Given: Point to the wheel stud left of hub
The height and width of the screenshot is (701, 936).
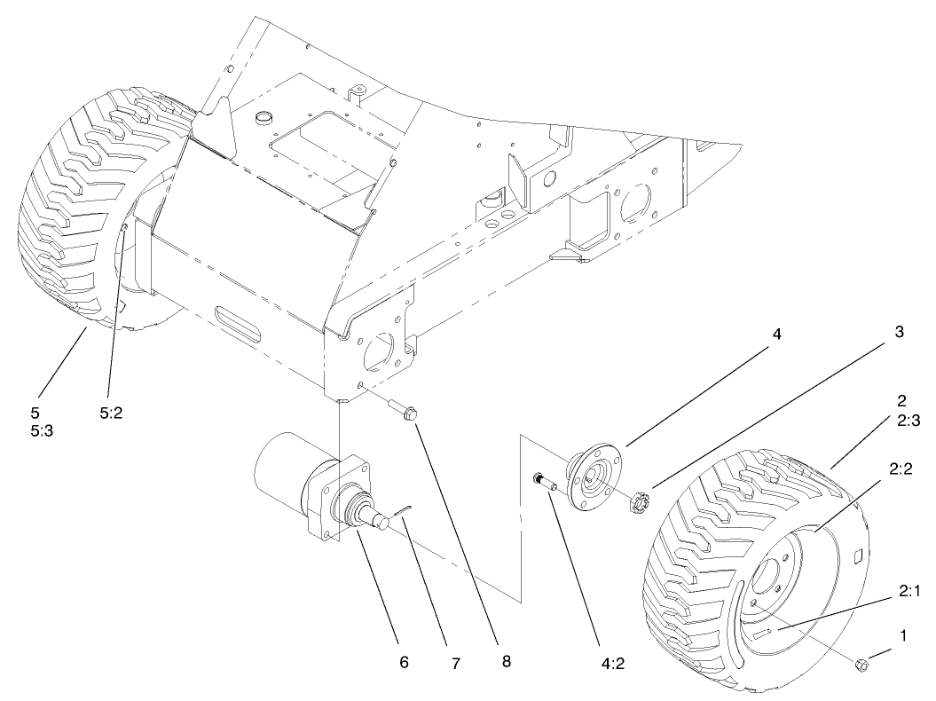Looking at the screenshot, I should click(x=543, y=481).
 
